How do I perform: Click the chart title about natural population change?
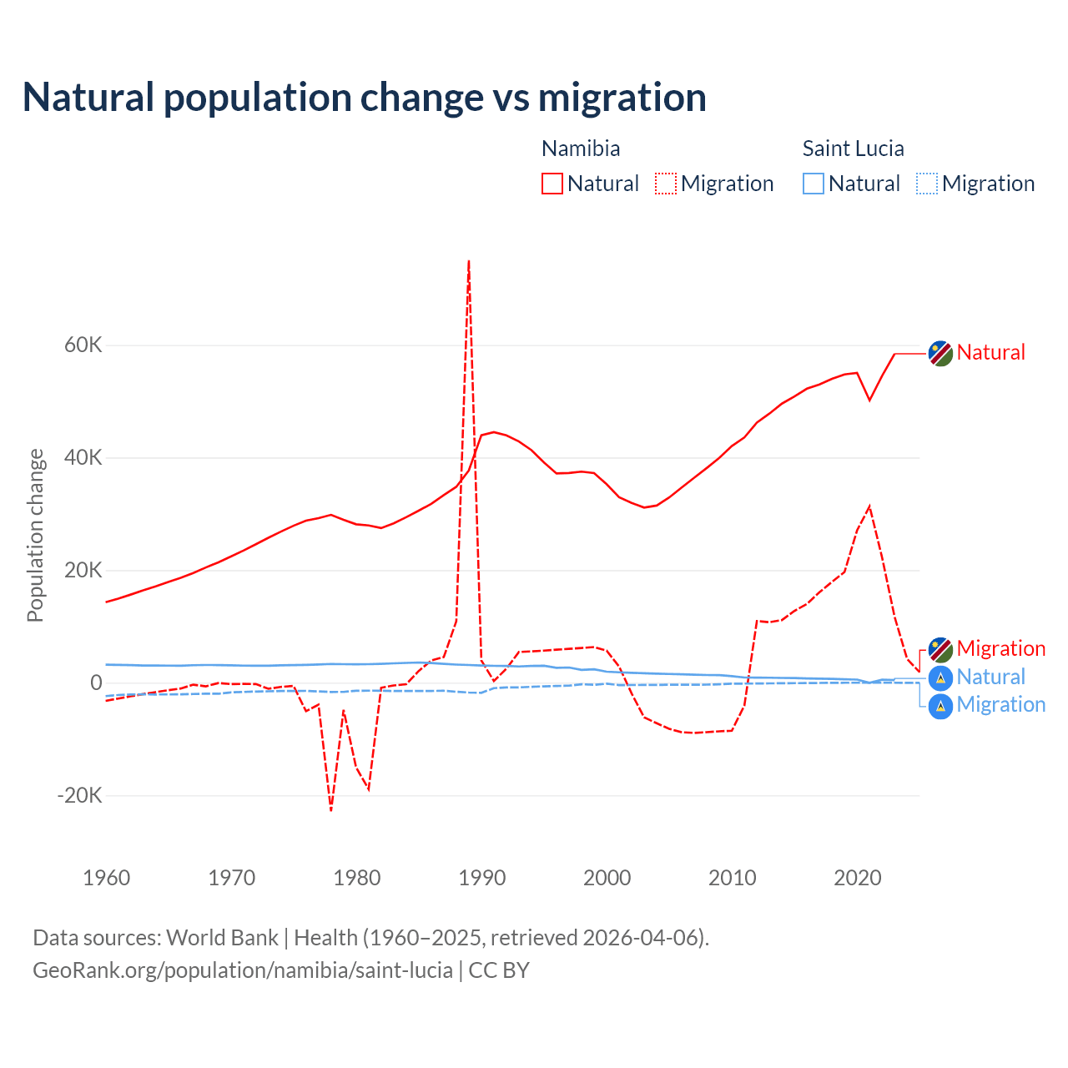365,97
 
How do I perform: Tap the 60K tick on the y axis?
83,345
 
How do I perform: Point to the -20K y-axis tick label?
80,795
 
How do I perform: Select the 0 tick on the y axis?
96,683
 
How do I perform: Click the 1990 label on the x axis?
482,878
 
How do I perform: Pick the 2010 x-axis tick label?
733,878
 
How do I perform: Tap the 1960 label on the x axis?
107,878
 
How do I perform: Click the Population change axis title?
35,535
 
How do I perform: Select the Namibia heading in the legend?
581,149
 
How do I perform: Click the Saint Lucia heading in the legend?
853,149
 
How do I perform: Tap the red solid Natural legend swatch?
552,184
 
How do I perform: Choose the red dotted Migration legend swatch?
666,184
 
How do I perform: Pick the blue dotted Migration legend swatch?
927,184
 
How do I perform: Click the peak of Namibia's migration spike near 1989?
469,262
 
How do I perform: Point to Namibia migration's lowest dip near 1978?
331,809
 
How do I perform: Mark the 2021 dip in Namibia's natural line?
869,400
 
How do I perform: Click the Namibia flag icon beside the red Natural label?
940,353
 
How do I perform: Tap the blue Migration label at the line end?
1000,705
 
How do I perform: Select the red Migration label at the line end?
1000,648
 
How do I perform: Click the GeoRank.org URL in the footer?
243,970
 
